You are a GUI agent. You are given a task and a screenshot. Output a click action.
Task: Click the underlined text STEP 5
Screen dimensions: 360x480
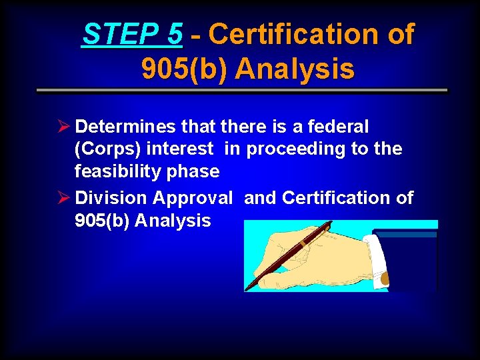click(132, 35)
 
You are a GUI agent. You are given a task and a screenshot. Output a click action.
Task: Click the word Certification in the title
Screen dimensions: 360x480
click(312, 35)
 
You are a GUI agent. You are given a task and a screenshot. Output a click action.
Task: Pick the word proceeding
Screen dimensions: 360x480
click(296, 149)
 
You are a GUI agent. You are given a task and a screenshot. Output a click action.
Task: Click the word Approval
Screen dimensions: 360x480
click(193, 198)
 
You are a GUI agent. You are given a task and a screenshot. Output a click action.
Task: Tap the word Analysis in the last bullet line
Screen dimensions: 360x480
click(173, 221)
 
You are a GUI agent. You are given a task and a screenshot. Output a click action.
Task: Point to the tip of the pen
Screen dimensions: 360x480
click(247, 289)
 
